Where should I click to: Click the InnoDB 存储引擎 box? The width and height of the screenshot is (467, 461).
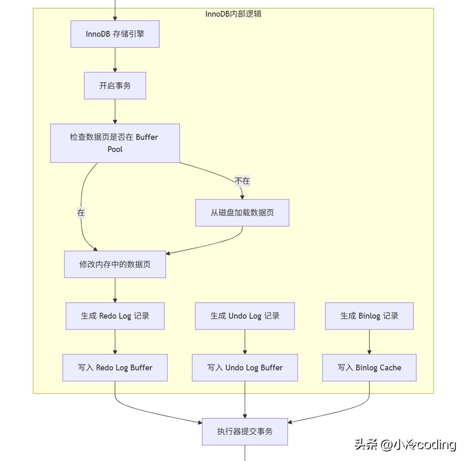pyautogui.click(x=115, y=34)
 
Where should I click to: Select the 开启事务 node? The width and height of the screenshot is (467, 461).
pyautogui.click(x=115, y=86)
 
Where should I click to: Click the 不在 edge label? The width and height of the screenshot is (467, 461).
pyautogui.click(x=242, y=181)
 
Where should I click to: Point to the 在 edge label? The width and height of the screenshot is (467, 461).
pyautogui.click(x=81, y=213)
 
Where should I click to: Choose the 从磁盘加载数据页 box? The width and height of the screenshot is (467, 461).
pyautogui.click(x=242, y=213)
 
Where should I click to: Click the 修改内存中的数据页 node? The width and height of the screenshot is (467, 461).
pyautogui.click(x=115, y=264)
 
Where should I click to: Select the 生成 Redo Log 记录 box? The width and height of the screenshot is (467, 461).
pyautogui.click(x=115, y=316)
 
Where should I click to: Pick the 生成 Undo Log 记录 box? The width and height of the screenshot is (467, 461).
pyautogui.click(x=245, y=316)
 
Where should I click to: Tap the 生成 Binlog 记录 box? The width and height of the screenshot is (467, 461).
pyautogui.click(x=369, y=316)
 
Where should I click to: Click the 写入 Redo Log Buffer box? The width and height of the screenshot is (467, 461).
pyautogui.click(x=115, y=368)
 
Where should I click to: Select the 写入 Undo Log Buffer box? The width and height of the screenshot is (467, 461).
pyautogui.click(x=245, y=368)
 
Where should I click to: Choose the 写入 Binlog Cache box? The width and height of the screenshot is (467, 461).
pyautogui.click(x=369, y=368)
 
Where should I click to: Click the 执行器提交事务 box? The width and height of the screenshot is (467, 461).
pyautogui.click(x=245, y=431)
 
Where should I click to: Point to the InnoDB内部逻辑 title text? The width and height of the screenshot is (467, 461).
pyautogui.click(x=233, y=14)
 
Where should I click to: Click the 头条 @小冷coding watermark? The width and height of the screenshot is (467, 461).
pyautogui.click(x=405, y=444)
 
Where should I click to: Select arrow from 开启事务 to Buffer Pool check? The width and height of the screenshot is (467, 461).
pyautogui.click(x=115, y=111)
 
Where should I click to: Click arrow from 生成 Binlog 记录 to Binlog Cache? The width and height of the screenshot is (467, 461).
pyautogui.click(x=369, y=342)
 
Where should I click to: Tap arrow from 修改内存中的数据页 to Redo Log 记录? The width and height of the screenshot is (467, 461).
pyautogui.click(x=115, y=290)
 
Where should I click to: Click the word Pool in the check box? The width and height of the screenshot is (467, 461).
pyautogui.click(x=115, y=149)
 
